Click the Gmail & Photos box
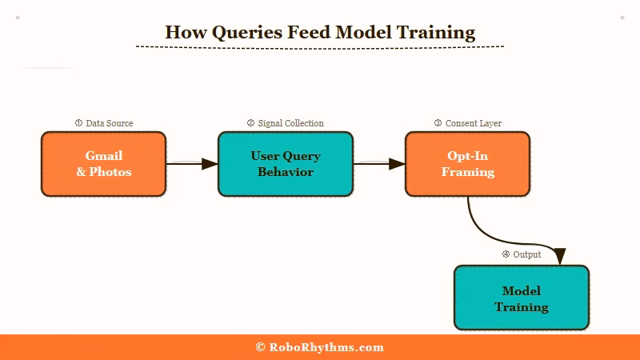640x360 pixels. [x=104, y=164]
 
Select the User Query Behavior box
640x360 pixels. [x=286, y=164]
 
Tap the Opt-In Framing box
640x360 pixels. [x=467, y=164]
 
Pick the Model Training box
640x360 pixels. [x=522, y=298]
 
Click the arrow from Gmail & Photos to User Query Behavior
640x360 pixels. [x=192, y=164]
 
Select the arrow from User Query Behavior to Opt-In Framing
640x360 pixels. [x=378, y=164]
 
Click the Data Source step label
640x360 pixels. [x=110, y=123]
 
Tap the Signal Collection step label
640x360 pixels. [x=290, y=123]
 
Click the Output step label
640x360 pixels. [x=526, y=254]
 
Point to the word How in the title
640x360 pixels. [x=181, y=33]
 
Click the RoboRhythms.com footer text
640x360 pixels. [x=326, y=347]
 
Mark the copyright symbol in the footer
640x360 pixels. [x=260, y=347]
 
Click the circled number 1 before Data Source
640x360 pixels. [x=78, y=123]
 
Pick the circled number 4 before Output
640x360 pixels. [x=506, y=254]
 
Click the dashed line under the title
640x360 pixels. [x=320, y=46]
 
